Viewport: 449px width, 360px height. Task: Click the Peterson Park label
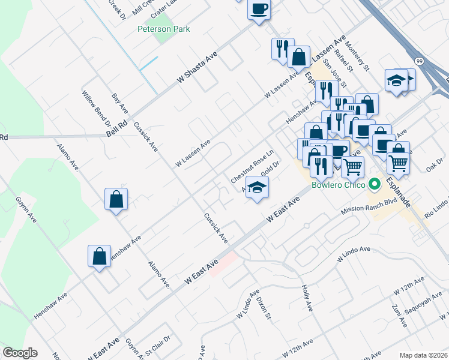[x=163, y=29]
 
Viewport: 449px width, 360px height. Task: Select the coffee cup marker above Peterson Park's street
[x=259, y=10]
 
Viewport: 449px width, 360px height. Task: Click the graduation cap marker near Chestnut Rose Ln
[x=257, y=188]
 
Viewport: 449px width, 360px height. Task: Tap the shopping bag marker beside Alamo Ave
[x=116, y=199]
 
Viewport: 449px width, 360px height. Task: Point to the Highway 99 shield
[x=420, y=61]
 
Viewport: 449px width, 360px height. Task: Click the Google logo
[x=20, y=353]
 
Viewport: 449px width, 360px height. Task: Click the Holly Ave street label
[x=308, y=298]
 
